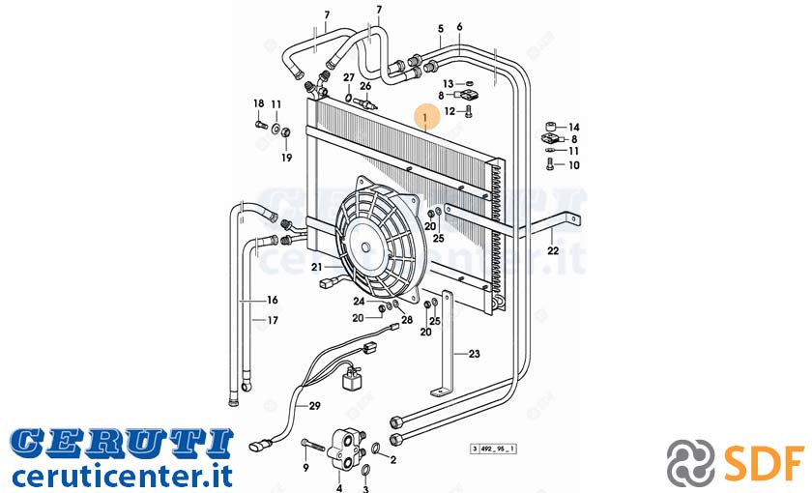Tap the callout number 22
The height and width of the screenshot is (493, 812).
tap(553, 250)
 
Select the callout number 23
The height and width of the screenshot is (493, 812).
tap(475, 354)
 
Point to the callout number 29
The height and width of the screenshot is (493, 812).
tap(315, 406)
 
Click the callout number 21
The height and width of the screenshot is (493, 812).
tap(317, 267)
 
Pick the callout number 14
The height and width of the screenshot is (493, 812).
tap(574, 128)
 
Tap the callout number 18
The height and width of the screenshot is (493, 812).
tap(258, 103)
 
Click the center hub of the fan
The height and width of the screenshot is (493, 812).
tap(366, 247)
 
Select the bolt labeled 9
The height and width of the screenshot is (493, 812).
tap(312, 446)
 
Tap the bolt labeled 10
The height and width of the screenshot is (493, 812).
tap(550, 165)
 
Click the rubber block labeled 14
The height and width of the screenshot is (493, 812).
tap(551, 127)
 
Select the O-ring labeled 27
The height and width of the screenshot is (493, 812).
tap(349, 97)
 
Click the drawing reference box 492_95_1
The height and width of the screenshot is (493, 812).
tap(494, 449)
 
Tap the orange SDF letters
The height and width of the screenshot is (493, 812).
tap(765, 461)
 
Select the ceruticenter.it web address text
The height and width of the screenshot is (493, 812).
tap(123, 476)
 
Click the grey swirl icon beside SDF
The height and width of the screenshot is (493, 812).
tap(691, 461)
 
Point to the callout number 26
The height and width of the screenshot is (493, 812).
tap(365, 86)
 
